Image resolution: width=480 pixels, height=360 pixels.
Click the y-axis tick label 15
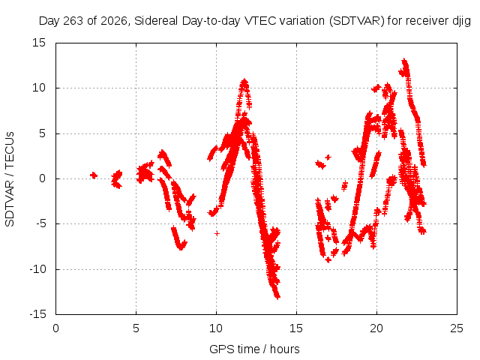coord(39,43)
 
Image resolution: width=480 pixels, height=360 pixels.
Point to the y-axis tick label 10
coord(39,88)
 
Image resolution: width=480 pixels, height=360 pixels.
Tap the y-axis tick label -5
coord(40,223)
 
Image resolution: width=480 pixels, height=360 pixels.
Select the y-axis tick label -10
coord(37,269)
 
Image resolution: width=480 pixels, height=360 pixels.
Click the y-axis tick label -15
coord(37,314)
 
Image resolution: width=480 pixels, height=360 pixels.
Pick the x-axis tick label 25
coord(457,328)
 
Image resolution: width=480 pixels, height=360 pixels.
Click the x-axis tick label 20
coord(376,328)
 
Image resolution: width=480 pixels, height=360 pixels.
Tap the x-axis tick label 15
coord(296,328)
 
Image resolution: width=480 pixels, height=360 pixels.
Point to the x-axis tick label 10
coord(216,328)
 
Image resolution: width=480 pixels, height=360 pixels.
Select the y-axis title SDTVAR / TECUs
coord(10,179)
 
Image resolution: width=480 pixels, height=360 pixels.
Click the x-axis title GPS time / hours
coord(254,349)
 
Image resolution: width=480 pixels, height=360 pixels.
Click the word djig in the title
coord(461,21)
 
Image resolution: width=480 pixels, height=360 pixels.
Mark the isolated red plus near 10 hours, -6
coord(217,233)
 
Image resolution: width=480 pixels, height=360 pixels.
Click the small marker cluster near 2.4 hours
coord(94,175)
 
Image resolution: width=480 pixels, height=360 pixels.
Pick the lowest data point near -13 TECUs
coord(277,296)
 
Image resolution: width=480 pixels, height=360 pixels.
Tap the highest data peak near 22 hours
coord(404,61)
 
